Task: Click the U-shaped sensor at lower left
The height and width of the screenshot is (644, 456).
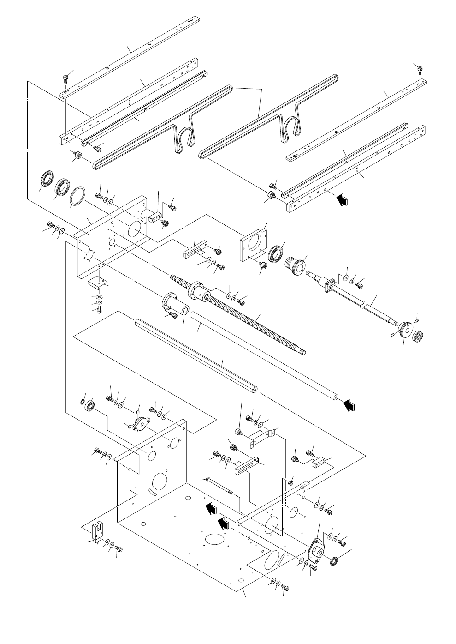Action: click(97, 533)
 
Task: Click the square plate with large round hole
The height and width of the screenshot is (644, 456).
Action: click(253, 243)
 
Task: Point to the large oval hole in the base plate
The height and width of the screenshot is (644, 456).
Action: click(216, 539)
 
